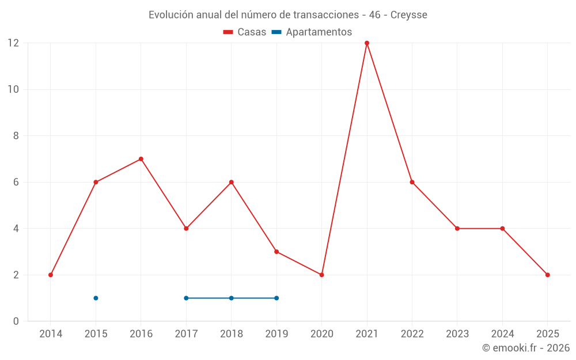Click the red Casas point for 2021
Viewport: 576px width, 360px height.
pyautogui.click(x=367, y=43)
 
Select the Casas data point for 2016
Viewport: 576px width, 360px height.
pyautogui.click(x=141, y=159)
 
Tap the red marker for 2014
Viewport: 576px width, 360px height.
pyautogui.click(x=51, y=275)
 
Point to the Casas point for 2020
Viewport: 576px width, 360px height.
pyautogui.click(x=321, y=275)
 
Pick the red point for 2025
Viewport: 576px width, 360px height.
pyautogui.click(x=547, y=275)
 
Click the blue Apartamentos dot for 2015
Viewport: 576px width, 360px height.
pyautogui.click(x=96, y=298)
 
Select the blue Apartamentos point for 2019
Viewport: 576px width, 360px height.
pyautogui.click(x=276, y=298)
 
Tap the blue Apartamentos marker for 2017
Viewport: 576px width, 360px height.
pyautogui.click(x=186, y=298)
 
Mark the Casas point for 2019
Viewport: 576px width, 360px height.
pyautogui.click(x=276, y=252)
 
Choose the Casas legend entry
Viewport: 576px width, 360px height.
pyautogui.click(x=245, y=32)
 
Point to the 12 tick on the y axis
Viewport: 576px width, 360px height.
pyautogui.click(x=13, y=43)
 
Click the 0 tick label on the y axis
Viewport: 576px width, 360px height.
pyautogui.click(x=16, y=321)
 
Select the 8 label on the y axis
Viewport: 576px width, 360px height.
pyautogui.click(x=16, y=136)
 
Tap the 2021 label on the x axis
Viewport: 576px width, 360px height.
pyautogui.click(x=367, y=334)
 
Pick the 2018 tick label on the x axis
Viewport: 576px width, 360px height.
pyautogui.click(x=232, y=334)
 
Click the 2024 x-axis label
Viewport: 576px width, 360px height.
pyautogui.click(x=502, y=334)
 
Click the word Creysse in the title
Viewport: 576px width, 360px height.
pyautogui.click(x=409, y=15)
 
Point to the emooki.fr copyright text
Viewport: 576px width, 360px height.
pyautogui.click(x=526, y=348)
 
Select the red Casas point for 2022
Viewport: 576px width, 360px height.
pyautogui.click(x=412, y=182)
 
